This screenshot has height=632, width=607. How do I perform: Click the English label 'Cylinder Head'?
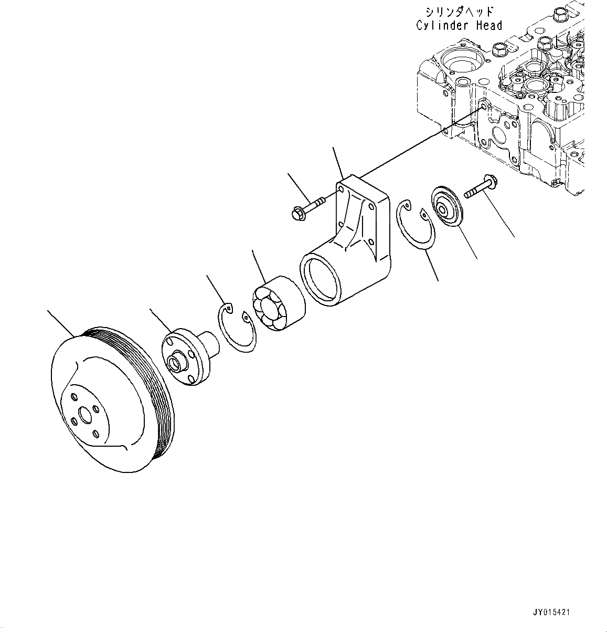(459, 25)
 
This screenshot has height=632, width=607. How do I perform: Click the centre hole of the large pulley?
(83, 420)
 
